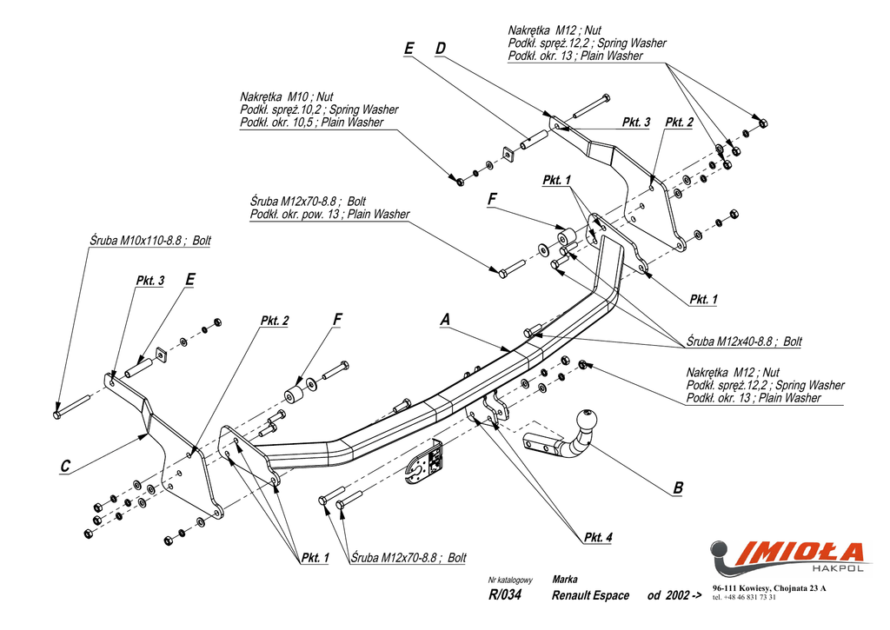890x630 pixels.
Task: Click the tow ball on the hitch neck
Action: click(587, 420)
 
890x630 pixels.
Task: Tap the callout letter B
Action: click(678, 487)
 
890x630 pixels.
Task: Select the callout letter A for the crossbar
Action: click(445, 320)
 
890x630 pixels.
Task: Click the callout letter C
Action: click(65, 466)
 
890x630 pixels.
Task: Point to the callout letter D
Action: click(441, 49)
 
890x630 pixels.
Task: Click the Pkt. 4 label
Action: click(598, 537)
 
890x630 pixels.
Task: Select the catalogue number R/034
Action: click(505, 594)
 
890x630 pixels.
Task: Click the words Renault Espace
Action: click(590, 595)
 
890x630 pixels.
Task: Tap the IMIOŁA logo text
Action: click(800, 553)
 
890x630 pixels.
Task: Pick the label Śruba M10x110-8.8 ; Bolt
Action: click(149, 240)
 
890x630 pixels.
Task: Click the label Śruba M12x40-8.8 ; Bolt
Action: click(744, 342)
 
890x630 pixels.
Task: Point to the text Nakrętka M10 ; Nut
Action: click(287, 96)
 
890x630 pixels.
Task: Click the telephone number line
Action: click(744, 597)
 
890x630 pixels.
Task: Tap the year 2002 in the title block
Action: click(678, 595)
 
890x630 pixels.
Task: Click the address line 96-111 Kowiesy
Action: click(769, 588)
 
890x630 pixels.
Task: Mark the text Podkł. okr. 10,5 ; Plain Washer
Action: click(312, 122)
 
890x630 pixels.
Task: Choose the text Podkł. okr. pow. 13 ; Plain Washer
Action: click(329, 214)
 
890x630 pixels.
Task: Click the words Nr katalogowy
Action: click(510, 580)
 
